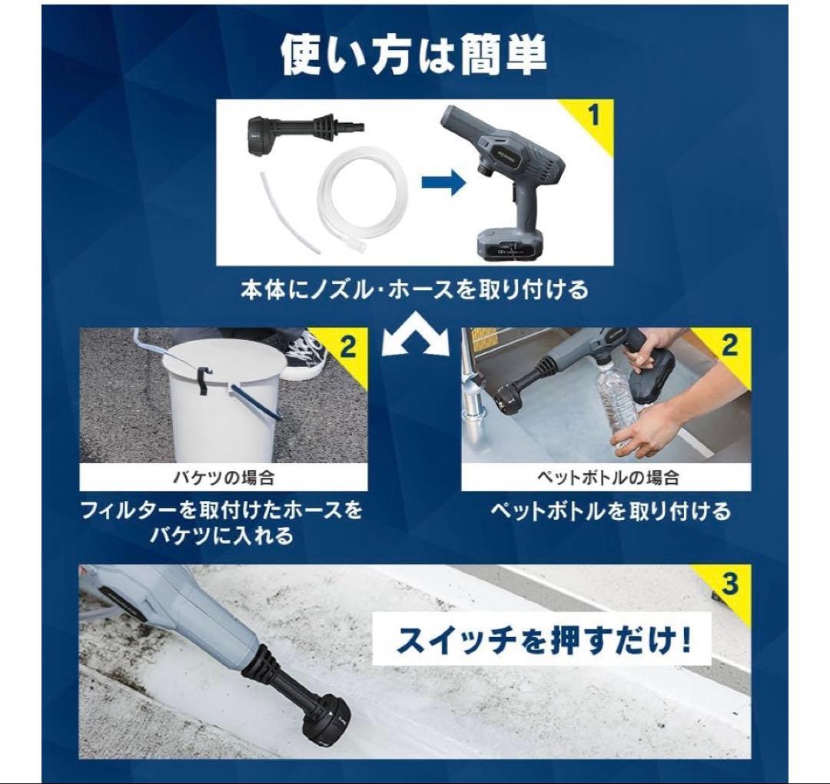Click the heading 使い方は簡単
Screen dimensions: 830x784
[413, 55]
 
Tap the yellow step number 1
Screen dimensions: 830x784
[594, 115]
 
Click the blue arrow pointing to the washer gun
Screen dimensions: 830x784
[443, 182]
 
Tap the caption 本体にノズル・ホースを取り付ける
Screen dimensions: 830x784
[414, 290]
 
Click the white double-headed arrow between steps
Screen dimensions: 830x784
[416, 335]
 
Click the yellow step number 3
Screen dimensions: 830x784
[729, 584]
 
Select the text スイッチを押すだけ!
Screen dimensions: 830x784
[543, 639]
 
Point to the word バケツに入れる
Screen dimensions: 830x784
[221, 536]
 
